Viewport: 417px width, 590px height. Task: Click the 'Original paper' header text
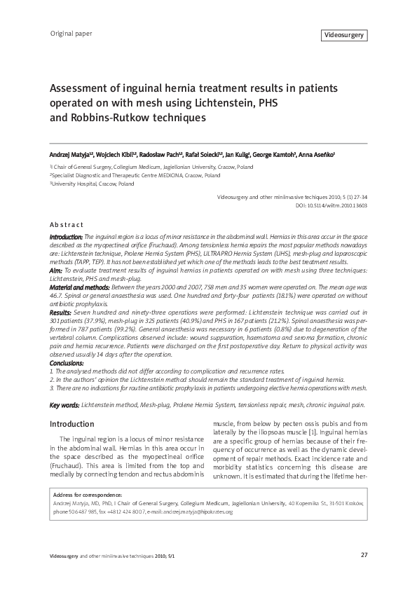click(x=71, y=34)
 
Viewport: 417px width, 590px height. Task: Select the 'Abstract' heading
click(x=66, y=225)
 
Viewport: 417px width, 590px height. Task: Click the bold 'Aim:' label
click(x=57, y=270)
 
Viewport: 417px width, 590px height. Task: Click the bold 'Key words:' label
click(x=64, y=405)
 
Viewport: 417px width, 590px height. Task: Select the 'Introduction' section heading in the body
click(x=71, y=425)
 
